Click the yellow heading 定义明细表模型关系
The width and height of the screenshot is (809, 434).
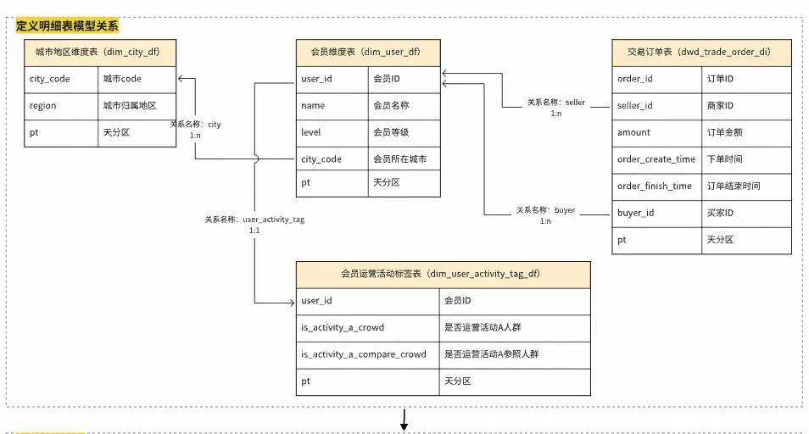tap(68, 25)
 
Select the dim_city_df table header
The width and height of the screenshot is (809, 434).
tap(101, 52)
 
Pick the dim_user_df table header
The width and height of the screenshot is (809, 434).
tap(368, 52)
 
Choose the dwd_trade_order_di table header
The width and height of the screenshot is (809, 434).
tap(701, 52)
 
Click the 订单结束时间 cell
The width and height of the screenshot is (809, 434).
tap(734, 186)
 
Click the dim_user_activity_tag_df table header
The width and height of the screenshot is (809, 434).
tap(443, 274)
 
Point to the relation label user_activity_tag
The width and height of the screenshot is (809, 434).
tap(254, 220)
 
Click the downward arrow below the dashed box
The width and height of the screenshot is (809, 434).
tap(404, 420)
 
